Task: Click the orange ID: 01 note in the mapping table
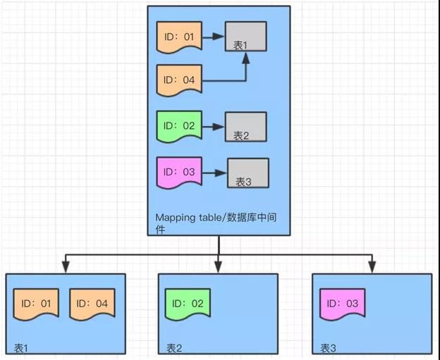point(179,37)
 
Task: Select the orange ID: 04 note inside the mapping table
point(179,80)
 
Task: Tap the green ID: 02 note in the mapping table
point(179,126)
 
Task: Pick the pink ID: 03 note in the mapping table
point(179,173)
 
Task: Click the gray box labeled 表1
point(246,37)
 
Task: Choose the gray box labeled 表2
point(246,127)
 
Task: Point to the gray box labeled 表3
point(248,173)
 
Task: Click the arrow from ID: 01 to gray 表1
point(213,37)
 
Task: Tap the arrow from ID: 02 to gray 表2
point(213,127)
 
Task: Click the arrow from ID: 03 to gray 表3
point(214,173)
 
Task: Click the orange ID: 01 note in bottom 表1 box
point(36,304)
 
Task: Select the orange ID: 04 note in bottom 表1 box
point(92,304)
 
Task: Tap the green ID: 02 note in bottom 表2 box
point(188,304)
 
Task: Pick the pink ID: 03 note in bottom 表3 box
point(343,304)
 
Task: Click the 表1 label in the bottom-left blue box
point(21,349)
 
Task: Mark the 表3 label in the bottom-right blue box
point(328,349)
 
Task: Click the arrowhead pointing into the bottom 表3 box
point(372,267)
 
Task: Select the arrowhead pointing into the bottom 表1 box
point(66,267)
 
